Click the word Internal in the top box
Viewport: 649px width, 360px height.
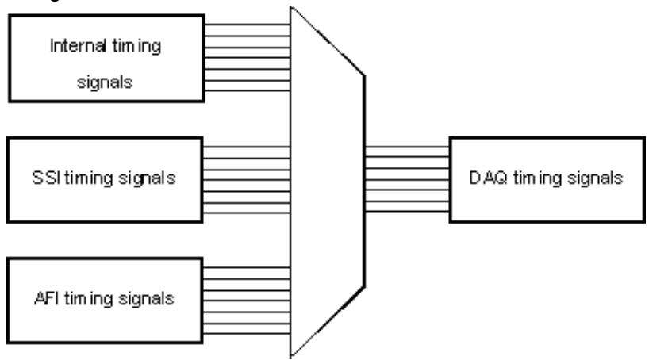click(77, 45)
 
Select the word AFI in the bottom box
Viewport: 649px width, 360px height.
click(46, 298)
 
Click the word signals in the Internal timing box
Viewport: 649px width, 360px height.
click(105, 82)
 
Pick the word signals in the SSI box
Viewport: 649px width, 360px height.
click(147, 178)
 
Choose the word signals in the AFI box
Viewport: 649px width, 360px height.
click(146, 299)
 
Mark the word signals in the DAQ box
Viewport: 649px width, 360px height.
click(595, 178)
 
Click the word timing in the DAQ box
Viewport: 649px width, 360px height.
click(537, 178)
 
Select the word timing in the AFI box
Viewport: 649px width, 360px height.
click(89, 299)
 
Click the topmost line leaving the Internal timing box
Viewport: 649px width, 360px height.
click(248, 25)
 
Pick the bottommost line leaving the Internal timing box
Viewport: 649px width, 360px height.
click(248, 90)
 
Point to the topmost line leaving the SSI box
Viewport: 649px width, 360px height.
click(247, 147)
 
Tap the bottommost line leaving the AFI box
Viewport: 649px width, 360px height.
click(247, 333)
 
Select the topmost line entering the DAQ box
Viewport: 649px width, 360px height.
click(407, 147)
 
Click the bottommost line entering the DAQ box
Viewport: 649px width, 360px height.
click(407, 212)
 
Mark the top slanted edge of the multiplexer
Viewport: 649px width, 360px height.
click(328, 41)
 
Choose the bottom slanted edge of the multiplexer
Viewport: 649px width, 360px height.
click(328, 321)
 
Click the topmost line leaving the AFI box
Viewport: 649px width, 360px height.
click(247, 267)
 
